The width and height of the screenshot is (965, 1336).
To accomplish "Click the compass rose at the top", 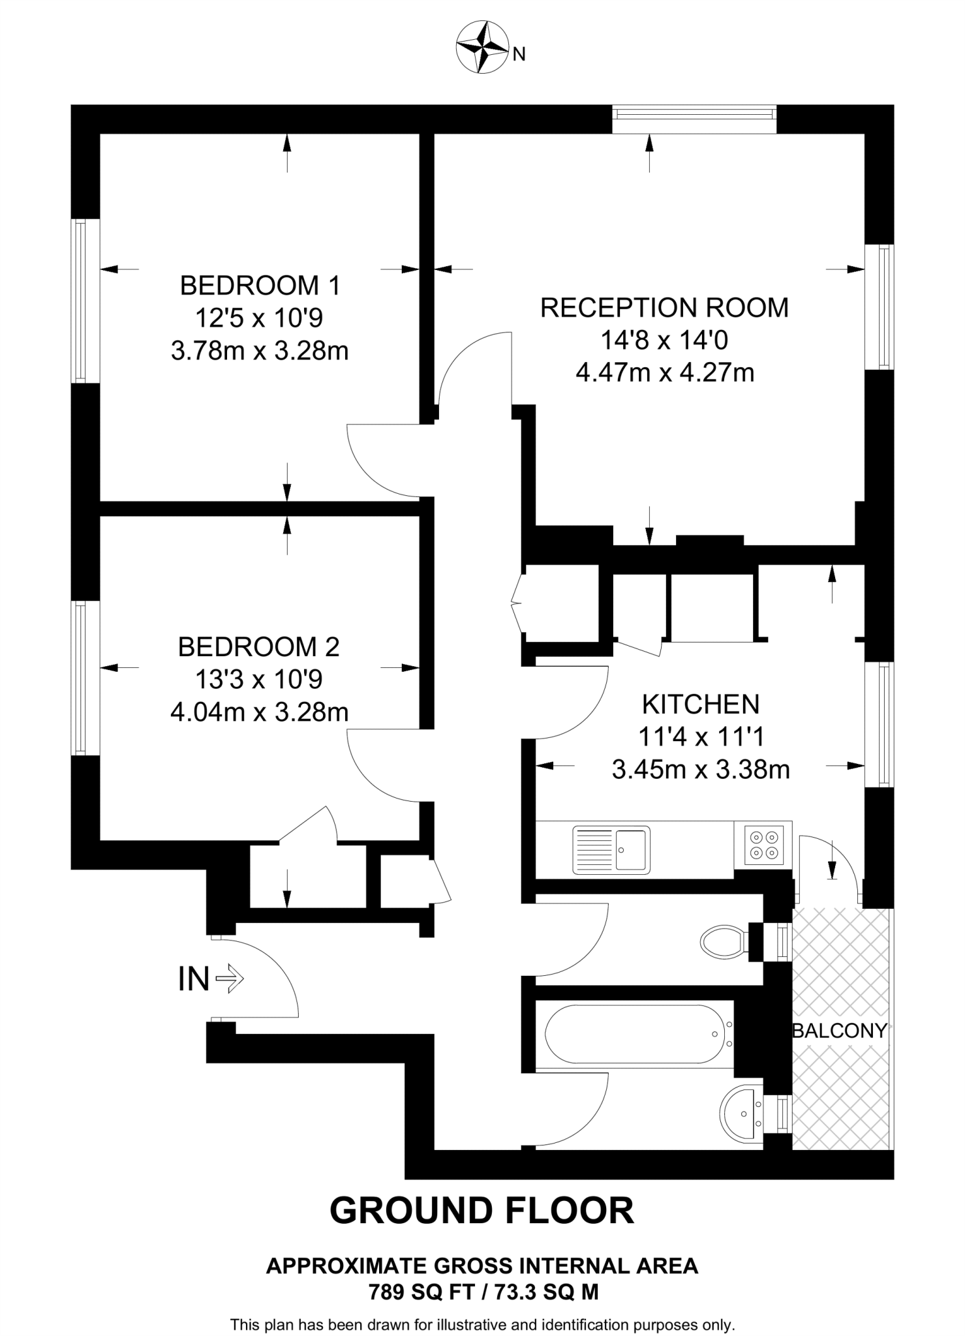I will coord(482,46).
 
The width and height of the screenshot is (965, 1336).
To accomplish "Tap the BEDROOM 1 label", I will coord(260,286).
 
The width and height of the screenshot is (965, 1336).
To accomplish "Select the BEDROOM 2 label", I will coord(259,647).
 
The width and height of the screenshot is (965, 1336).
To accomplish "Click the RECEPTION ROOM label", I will coord(664,308).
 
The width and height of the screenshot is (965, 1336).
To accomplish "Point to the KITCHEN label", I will coord(701,705).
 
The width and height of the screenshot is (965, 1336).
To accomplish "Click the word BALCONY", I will coord(840,1031).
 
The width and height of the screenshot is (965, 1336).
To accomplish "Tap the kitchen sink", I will coord(611,850).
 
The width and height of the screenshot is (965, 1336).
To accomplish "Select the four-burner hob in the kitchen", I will coord(763,845).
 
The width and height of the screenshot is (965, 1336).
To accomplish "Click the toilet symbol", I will coord(724,941).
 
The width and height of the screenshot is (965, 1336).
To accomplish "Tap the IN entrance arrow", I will coord(228,979).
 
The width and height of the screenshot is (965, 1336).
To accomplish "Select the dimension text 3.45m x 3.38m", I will coord(701,770).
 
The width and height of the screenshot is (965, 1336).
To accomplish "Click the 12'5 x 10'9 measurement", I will coord(260,318).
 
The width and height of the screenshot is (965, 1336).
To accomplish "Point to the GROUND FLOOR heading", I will coord(482,1211).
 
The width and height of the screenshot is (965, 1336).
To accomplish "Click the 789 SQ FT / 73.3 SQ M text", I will coord(483,1292).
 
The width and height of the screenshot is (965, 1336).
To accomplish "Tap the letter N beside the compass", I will coord(519,55).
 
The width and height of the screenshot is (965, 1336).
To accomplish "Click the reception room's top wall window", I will coord(695,119).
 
